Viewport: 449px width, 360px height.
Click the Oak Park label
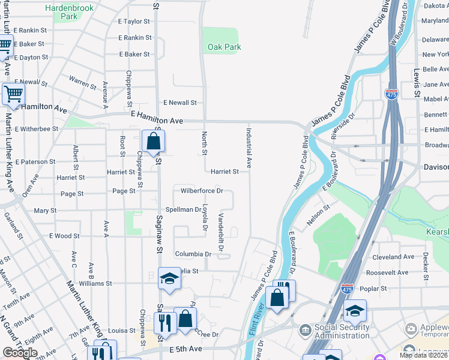[x=224, y=47]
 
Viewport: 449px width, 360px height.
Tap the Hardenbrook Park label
[x=68, y=13]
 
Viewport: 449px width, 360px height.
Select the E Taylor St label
[x=133, y=21]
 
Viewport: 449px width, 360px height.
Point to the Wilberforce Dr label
[x=202, y=191]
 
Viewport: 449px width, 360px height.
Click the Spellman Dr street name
[x=183, y=209]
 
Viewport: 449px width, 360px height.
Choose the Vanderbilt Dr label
[x=221, y=232]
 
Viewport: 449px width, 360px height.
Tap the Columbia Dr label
[x=193, y=254]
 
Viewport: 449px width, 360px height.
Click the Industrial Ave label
[x=248, y=147]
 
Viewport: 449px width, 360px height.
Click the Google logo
[x=20, y=353]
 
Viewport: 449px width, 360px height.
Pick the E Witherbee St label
[x=36, y=128]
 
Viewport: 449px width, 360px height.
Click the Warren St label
[x=82, y=80]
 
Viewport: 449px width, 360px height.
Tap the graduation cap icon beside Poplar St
[x=355, y=310]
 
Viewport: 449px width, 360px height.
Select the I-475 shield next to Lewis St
[x=390, y=93]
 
